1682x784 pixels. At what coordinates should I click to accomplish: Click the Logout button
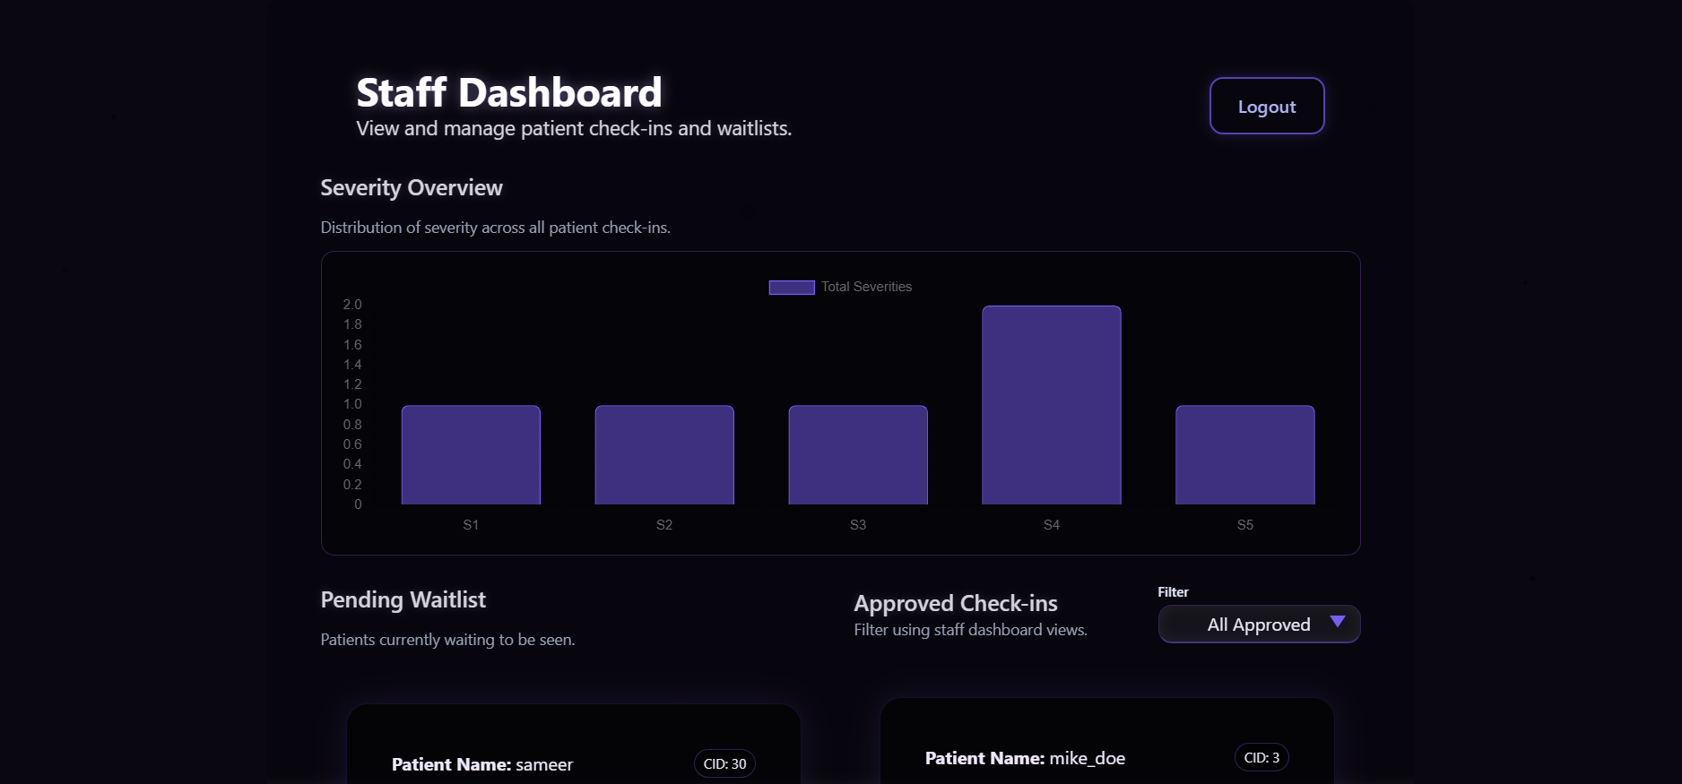1266,107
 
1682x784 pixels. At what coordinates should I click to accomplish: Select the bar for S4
1051,405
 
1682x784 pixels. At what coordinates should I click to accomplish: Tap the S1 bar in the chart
471,455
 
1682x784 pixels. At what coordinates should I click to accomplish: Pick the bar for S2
664,455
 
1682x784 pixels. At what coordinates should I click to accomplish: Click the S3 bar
858,455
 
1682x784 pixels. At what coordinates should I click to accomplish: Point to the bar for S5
1244,455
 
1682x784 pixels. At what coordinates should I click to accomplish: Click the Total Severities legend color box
791,287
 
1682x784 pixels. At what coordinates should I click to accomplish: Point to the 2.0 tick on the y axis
352,305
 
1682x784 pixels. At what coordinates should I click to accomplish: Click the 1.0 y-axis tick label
352,404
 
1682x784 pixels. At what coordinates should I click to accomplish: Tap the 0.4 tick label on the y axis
352,464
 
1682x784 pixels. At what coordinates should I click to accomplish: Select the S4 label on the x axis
1052,525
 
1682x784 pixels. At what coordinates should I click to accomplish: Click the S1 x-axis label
471,525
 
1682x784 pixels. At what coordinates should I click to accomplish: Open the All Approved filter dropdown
1259,625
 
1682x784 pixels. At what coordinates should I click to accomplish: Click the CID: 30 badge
724,764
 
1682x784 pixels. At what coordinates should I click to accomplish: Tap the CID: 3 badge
1261,758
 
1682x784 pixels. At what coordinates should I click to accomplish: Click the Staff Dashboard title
509,93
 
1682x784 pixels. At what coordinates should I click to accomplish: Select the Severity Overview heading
412,188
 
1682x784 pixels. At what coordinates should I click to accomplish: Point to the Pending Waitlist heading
403,600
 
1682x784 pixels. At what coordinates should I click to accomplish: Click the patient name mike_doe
1087,759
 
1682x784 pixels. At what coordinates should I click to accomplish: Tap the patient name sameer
543,765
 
